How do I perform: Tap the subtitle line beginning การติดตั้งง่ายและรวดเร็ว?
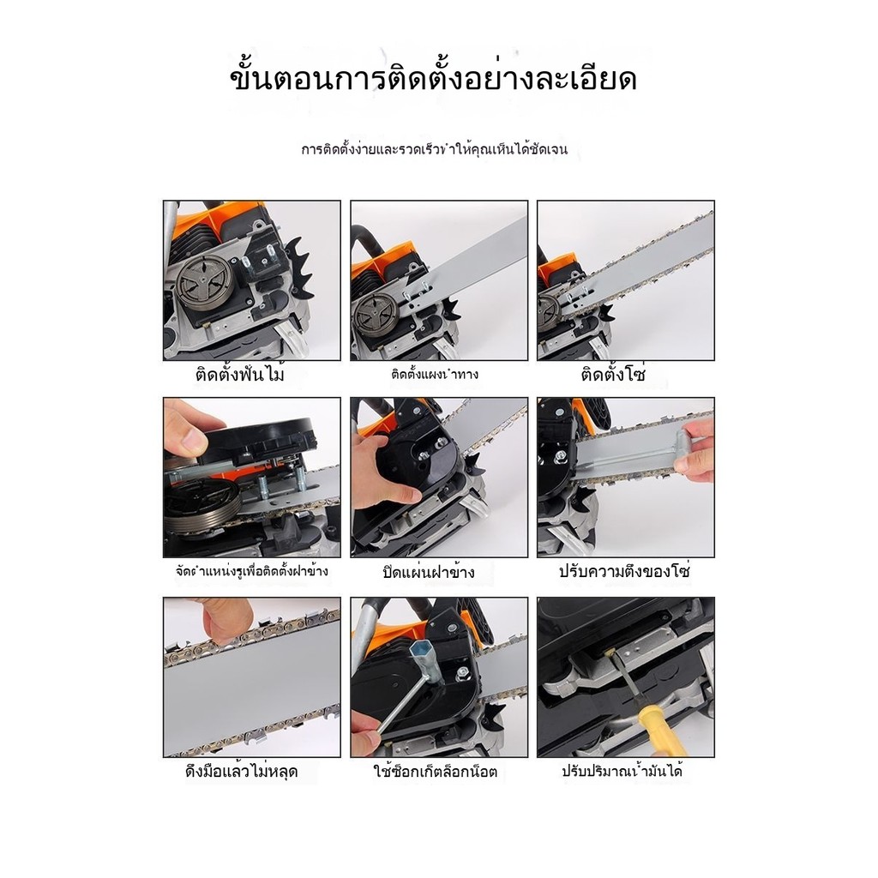[435, 149]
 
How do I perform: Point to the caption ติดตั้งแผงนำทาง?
[435, 374]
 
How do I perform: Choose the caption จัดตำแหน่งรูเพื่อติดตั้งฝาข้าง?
[251, 572]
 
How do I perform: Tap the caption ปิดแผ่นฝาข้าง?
[429, 572]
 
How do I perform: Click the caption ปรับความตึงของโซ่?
[625, 571]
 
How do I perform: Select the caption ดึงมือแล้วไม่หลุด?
[241, 771]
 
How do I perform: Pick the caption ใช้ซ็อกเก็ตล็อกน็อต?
[436, 772]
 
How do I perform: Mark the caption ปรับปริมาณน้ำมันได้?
[622, 771]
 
